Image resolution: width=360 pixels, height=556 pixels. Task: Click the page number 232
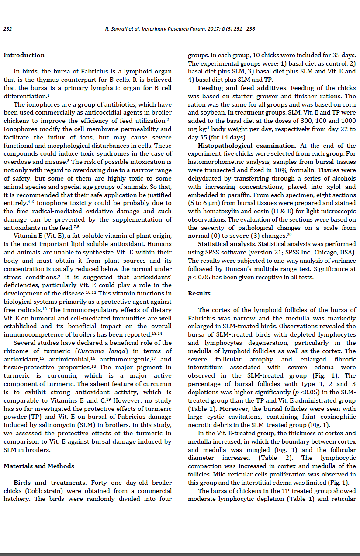tap(7, 29)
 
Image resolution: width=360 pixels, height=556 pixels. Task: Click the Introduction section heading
tap(24, 55)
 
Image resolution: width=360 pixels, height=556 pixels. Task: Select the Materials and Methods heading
tap(39, 466)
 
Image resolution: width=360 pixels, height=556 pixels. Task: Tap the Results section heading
tap(199, 293)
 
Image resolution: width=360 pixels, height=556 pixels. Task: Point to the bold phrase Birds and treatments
tap(50, 483)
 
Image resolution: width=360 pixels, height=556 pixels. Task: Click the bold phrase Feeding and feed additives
tap(243, 88)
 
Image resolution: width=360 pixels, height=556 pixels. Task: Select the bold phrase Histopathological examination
tap(247, 146)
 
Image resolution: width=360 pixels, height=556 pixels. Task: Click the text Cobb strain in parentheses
tap(42, 491)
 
